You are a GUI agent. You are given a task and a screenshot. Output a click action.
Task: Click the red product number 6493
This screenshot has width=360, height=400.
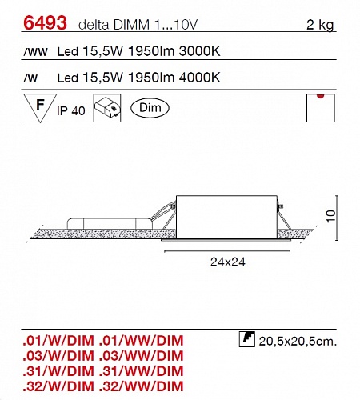click(x=45, y=23)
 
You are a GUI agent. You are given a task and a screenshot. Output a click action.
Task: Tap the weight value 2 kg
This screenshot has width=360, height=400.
click(x=320, y=25)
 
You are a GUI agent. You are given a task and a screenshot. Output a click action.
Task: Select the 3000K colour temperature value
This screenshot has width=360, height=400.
click(x=200, y=51)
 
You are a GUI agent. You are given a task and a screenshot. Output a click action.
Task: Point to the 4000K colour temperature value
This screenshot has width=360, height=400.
click(x=200, y=78)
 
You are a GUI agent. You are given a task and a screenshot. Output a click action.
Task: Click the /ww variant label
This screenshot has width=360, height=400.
click(x=35, y=52)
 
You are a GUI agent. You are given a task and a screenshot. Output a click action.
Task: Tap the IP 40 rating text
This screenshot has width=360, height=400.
click(x=71, y=110)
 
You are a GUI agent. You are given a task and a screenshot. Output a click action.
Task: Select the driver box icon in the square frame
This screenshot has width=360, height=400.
click(x=107, y=108)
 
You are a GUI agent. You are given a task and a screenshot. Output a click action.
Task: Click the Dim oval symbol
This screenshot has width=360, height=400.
click(x=150, y=108)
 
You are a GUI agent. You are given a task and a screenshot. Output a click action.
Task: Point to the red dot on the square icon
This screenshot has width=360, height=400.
click(x=321, y=96)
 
